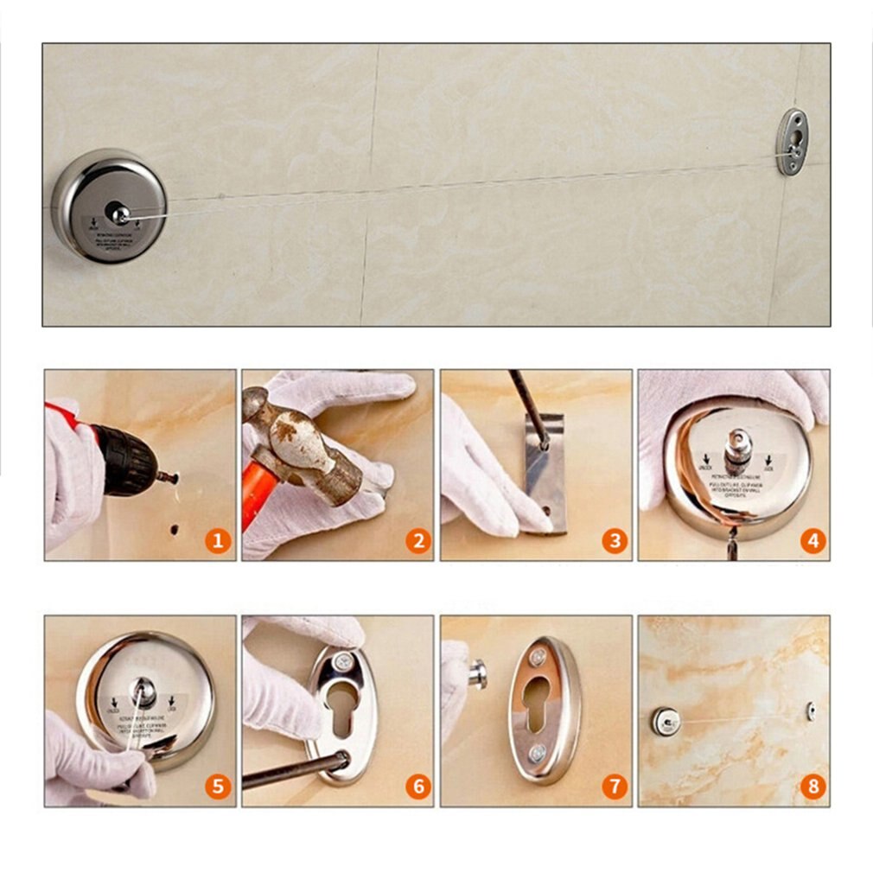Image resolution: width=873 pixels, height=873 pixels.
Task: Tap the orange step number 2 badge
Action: coord(417,542)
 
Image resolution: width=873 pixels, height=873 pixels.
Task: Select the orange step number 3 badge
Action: coord(615,542)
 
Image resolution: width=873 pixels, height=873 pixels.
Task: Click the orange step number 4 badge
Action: coord(812,542)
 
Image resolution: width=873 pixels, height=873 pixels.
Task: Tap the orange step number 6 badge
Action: coord(417,787)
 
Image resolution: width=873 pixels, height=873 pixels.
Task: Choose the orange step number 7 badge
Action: coord(615,787)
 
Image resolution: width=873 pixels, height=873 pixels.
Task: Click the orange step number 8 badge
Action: coord(812,787)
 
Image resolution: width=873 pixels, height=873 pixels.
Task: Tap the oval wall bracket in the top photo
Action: coord(791,142)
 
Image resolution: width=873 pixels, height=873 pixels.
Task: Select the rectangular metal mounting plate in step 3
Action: coord(545,474)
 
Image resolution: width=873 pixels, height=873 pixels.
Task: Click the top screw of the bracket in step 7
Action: coord(538,659)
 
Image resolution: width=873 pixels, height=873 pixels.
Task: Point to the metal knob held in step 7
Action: coord(477,674)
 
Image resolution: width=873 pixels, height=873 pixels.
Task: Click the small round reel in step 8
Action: coord(665,721)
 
